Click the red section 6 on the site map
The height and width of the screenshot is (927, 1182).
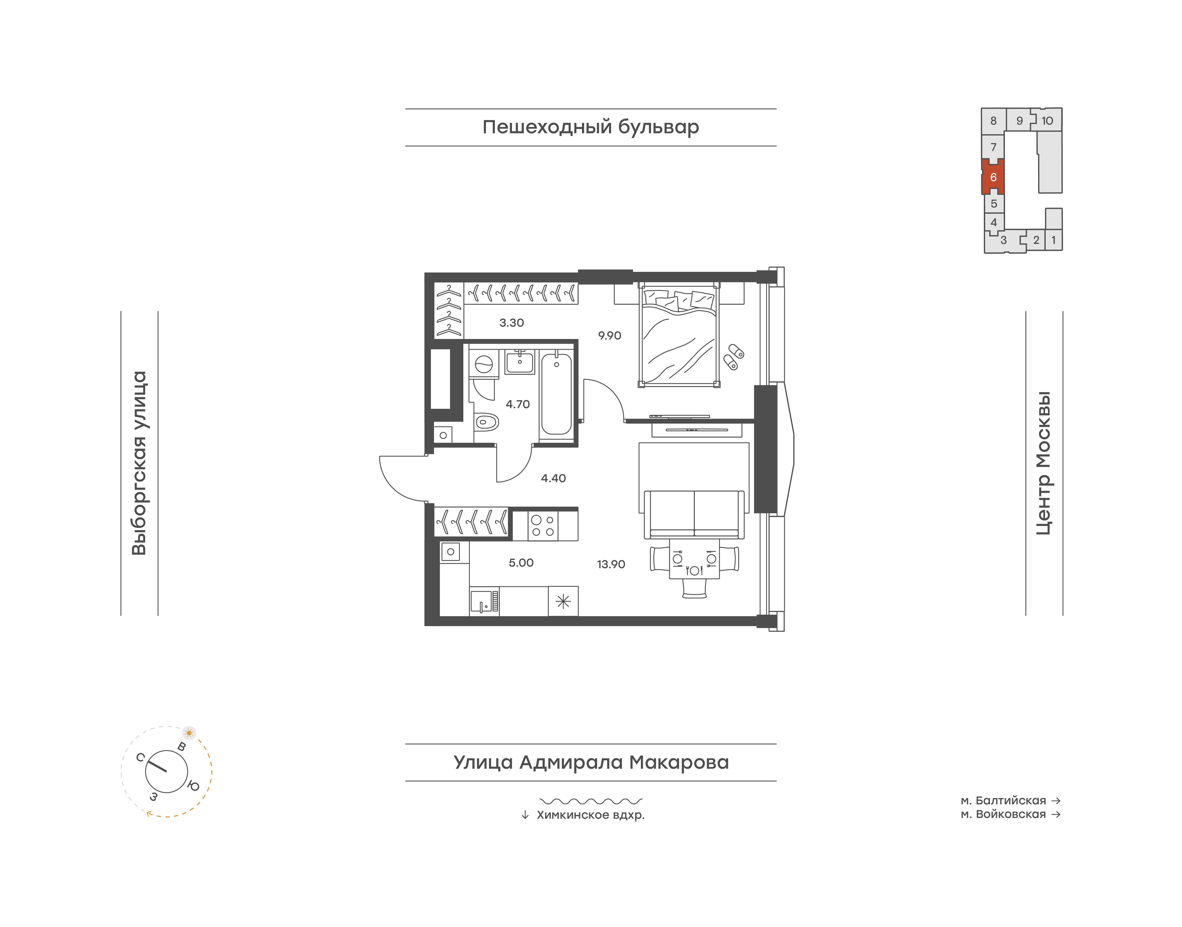click(x=993, y=177)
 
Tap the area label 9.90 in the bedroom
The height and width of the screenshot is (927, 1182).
click(x=610, y=335)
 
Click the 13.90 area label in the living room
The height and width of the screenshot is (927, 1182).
click(x=611, y=564)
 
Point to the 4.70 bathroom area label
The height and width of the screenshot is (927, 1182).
click(x=518, y=404)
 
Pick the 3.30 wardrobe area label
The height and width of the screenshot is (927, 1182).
click(x=512, y=323)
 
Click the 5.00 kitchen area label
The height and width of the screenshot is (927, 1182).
click(x=521, y=563)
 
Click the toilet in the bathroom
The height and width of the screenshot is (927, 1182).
click(x=486, y=422)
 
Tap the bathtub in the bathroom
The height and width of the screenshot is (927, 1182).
click(x=556, y=394)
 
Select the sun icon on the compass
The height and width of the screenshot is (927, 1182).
click(x=189, y=733)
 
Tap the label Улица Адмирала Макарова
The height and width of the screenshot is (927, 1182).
click(x=591, y=762)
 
